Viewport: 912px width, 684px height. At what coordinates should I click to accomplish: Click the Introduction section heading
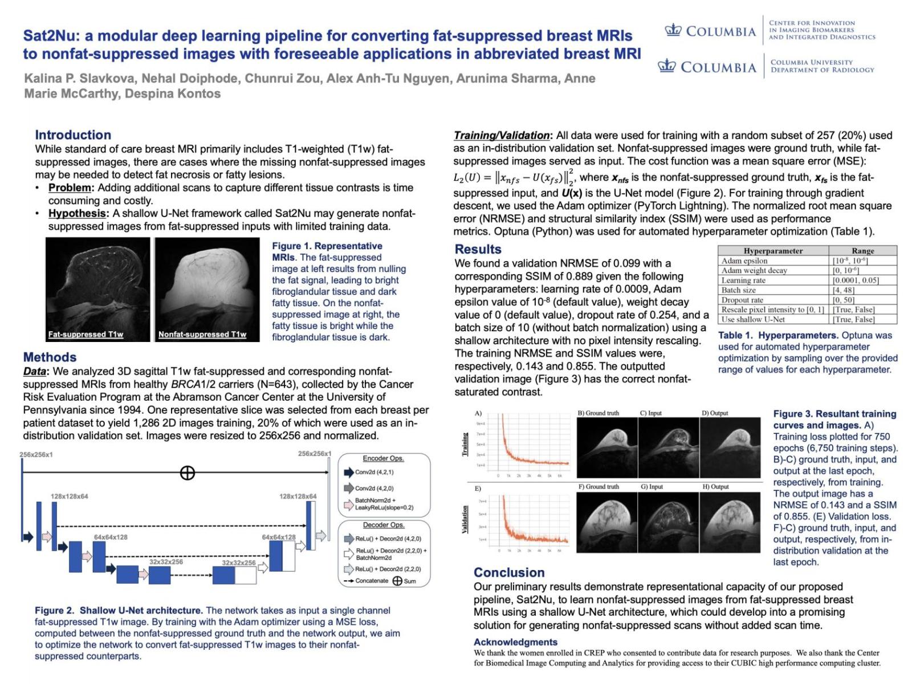tap(73, 135)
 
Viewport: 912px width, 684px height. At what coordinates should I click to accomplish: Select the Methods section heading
tap(50, 357)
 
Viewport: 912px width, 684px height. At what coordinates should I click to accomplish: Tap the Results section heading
tap(478, 249)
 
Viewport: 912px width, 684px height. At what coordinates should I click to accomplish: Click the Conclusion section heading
tap(509, 572)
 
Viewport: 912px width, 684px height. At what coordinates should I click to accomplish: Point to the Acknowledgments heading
tap(515, 642)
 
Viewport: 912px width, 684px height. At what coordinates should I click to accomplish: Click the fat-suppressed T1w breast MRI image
tap(97, 289)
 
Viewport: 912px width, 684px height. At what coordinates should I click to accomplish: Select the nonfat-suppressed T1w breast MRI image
tap(207, 289)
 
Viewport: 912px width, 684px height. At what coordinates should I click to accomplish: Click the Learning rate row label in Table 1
tap(743, 280)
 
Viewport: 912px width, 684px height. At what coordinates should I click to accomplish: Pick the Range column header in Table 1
tap(862, 251)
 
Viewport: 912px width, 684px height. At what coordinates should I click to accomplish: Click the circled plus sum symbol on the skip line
tap(187, 473)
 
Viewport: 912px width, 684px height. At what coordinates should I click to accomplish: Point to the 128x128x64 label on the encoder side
tap(69, 496)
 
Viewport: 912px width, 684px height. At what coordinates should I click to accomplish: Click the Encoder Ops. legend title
tap(383, 458)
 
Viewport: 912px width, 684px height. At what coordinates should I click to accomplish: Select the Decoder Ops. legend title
tap(383, 525)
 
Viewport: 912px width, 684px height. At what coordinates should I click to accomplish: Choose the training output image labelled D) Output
tap(731, 447)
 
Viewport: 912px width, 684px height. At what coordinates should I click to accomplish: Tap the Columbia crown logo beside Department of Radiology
tap(667, 67)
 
